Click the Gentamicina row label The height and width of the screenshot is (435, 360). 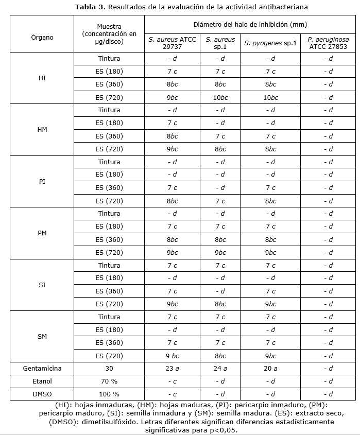pos(42,369)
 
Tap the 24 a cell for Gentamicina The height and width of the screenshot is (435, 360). pos(220,369)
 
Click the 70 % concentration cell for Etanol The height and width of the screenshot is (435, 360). pos(109,381)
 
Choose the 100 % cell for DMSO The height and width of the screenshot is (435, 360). pos(109,394)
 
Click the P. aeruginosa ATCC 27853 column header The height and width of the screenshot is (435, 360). pos(328,43)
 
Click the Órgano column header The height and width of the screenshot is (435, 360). pos(42,37)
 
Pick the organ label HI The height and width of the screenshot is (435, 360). pos(42,78)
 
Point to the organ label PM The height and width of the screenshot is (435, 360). pos(42,233)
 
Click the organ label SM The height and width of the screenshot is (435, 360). pos(42,337)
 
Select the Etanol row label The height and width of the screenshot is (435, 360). pos(42,381)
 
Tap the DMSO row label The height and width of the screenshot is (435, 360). pos(42,394)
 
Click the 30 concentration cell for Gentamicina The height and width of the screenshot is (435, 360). pos(109,369)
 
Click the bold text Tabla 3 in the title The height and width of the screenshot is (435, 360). pos(91,7)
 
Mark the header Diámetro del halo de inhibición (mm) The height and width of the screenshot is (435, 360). pos(250,24)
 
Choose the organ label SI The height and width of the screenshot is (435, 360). pos(42,285)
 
